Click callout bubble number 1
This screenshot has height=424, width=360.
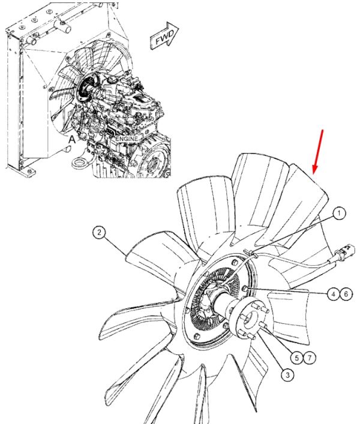(339, 213)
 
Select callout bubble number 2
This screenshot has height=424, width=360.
(99, 232)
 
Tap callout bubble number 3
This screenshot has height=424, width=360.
(287, 375)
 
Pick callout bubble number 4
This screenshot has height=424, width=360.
(333, 294)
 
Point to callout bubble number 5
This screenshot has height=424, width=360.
(297, 358)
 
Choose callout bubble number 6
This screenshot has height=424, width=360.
(346, 294)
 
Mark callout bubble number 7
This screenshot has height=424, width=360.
(310, 358)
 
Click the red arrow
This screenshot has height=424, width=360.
(318, 152)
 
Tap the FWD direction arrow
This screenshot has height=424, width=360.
(164, 36)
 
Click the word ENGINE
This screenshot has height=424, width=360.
(127, 139)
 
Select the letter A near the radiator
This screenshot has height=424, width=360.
(71, 140)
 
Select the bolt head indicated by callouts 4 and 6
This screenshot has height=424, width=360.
(244, 288)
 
